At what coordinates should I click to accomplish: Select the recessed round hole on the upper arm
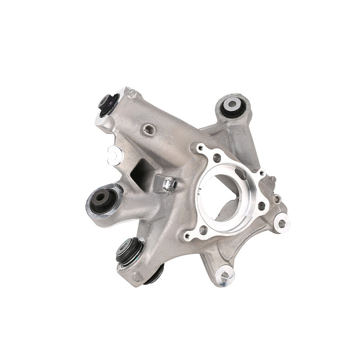coord(148,130)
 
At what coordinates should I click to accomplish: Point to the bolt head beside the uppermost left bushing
coord(133,94)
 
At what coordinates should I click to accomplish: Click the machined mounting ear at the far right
coord(282,222)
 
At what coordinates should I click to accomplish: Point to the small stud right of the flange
coord(273,180)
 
